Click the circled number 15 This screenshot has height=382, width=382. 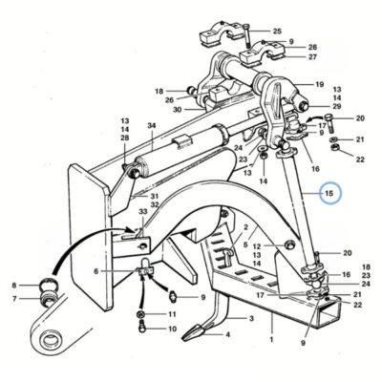[329, 193]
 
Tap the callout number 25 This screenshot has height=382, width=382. [277, 31]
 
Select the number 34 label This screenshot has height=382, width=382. [152, 126]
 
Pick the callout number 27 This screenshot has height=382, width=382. [312, 57]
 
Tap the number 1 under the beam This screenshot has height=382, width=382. [271, 340]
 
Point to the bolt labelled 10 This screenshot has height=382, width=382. [142, 328]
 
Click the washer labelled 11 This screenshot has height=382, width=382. [140, 314]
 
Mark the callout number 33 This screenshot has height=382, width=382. [143, 211]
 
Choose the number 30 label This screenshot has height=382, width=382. [178, 110]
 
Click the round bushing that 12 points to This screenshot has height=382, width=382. [289, 245]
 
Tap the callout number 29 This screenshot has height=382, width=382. [337, 107]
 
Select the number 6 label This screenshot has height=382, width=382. [95, 271]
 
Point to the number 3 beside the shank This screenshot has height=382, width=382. [251, 318]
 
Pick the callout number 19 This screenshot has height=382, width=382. [319, 84]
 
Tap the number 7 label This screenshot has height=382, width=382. [14, 298]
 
